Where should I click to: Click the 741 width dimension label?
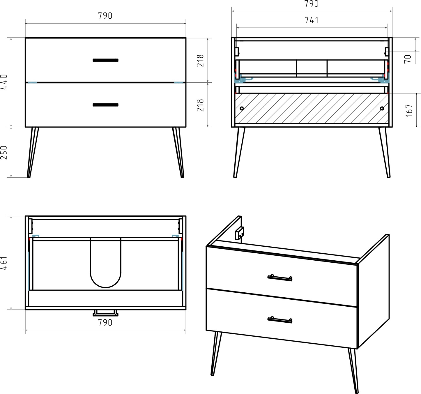[312, 20]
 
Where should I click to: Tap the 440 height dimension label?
[4, 82]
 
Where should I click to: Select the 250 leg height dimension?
[4, 153]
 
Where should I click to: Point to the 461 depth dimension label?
[4, 263]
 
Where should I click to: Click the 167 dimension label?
[409, 110]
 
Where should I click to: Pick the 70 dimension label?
[408, 59]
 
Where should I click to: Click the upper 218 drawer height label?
[200, 61]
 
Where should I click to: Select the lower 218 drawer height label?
[200, 105]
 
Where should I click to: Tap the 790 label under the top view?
[105, 323]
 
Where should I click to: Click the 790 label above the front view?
[105, 16]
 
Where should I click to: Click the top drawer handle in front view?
[106, 60]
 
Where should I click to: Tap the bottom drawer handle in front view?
[106, 105]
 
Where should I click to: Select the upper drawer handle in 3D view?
[280, 278]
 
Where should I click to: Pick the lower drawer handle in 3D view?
[280, 320]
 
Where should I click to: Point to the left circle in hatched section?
[242, 109]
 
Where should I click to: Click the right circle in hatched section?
[382, 109]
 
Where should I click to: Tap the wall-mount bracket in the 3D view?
[239, 233]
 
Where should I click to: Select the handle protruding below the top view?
[106, 313]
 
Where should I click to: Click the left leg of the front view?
[33, 152]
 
